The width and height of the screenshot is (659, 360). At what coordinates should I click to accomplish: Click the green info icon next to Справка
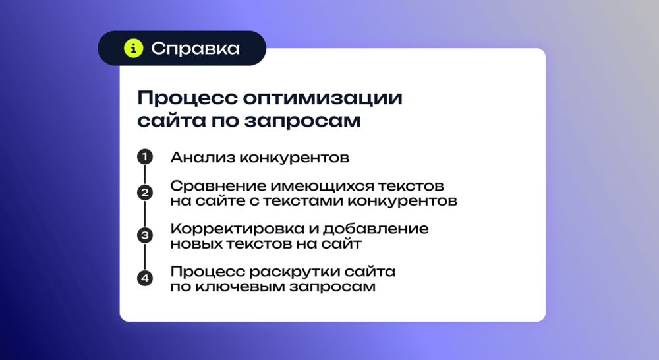coord(134,48)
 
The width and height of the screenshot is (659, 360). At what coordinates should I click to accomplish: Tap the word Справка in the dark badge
coord(195,48)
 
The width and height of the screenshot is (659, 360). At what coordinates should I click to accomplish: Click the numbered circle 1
coord(144,157)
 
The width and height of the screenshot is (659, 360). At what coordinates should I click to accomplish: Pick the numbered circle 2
coord(144,193)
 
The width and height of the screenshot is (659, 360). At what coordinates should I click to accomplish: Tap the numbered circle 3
coord(144,235)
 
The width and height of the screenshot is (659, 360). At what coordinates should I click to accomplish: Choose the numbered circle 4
coord(144,278)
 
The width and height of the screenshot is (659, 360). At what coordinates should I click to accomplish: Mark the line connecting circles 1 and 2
coord(144,175)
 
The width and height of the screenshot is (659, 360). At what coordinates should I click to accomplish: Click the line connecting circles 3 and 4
coord(144,257)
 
